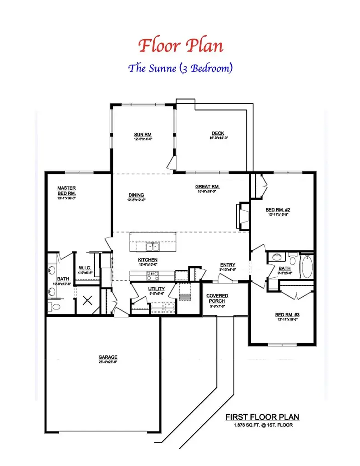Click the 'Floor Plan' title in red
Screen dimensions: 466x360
point(180,46)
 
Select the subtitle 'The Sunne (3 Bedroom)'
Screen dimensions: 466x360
point(180,68)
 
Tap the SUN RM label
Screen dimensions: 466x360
point(142,135)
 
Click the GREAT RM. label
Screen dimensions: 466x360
point(208,187)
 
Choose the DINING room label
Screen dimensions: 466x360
point(136,195)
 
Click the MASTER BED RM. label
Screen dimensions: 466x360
point(66,190)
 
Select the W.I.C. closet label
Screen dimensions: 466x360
point(86,269)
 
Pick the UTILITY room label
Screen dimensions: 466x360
point(156,289)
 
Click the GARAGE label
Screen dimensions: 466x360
point(108,357)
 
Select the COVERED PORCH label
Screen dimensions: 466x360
point(218,298)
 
